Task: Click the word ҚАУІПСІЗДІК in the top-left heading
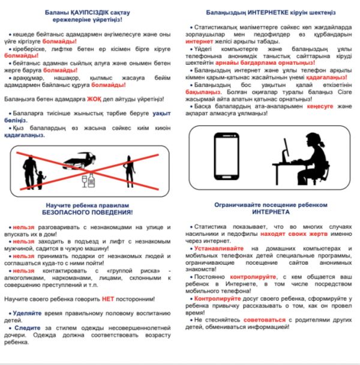pos(77,12)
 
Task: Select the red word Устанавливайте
pos(223,248)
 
